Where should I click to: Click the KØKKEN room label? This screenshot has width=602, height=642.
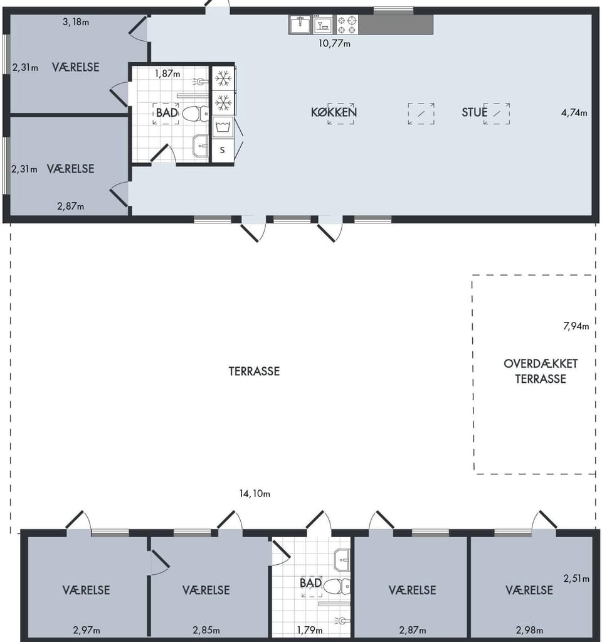pyautogui.click(x=334, y=112)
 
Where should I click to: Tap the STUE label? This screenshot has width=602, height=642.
pyautogui.click(x=474, y=112)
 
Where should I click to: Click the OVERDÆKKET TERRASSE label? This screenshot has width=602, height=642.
pyautogui.click(x=540, y=371)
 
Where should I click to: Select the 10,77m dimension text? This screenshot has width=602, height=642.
pyautogui.click(x=334, y=43)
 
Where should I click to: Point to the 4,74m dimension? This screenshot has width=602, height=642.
pyautogui.click(x=574, y=112)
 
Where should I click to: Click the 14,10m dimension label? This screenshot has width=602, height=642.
pyautogui.click(x=255, y=494)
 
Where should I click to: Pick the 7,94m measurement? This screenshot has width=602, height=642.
pyautogui.click(x=576, y=326)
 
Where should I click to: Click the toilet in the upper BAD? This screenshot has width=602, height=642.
pyautogui.click(x=195, y=114)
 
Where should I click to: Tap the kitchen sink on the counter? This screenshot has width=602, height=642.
pyautogui.click(x=300, y=24)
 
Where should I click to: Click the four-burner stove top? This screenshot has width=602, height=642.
pyautogui.click(x=347, y=24)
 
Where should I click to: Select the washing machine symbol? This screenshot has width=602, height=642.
pyautogui.click(x=223, y=127)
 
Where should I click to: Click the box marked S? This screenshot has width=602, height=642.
pyautogui.click(x=223, y=150)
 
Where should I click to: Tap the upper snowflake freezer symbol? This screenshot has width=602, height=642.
pyautogui.click(x=223, y=78)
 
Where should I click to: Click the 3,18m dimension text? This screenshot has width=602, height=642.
pyautogui.click(x=76, y=22)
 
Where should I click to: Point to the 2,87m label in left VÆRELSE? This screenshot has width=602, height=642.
pyautogui.click(x=71, y=206)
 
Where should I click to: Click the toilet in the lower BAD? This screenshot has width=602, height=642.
pyautogui.click(x=337, y=586)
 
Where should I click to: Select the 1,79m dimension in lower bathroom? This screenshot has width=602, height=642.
pyautogui.click(x=310, y=630)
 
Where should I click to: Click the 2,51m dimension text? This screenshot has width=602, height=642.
pyautogui.click(x=576, y=579)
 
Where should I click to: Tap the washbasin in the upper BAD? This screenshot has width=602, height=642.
pyautogui.click(x=201, y=146)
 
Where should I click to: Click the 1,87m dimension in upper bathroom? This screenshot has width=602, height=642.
pyautogui.click(x=167, y=73)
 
